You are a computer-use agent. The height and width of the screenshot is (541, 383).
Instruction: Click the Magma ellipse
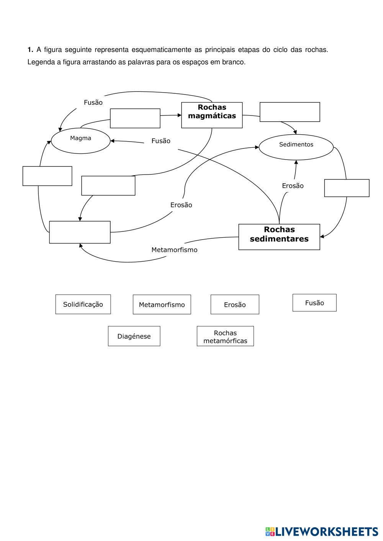pyautogui.click(x=80, y=140)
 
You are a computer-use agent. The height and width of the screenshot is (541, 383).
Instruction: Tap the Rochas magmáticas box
pyautogui.click(x=212, y=115)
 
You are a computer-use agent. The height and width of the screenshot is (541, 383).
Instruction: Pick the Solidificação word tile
pyautogui.click(x=83, y=304)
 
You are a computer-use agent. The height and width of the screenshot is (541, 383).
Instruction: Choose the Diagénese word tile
pyautogui.click(x=134, y=336)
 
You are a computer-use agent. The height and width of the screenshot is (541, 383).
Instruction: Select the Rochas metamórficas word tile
pyautogui.click(x=225, y=336)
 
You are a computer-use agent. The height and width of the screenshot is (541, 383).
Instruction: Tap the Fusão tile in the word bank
pyautogui.click(x=314, y=303)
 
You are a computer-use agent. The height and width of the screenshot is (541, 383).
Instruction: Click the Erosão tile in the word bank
pyautogui.click(x=235, y=305)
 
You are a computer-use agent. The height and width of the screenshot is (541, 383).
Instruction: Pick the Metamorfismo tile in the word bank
pyautogui.click(x=162, y=305)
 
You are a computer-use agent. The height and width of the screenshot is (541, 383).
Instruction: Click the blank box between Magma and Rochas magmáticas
pyautogui.click(x=135, y=118)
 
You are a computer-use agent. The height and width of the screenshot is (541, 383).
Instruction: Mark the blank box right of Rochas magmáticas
pyautogui.click(x=290, y=112)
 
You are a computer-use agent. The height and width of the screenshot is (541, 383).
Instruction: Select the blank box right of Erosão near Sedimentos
pyautogui.click(x=347, y=188)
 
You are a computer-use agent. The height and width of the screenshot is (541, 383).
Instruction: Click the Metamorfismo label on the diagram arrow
pyautogui.click(x=174, y=250)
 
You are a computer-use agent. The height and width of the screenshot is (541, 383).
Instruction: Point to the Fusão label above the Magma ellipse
pyautogui.click(x=93, y=102)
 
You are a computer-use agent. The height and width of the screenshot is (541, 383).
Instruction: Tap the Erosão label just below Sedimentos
pyautogui.click(x=293, y=186)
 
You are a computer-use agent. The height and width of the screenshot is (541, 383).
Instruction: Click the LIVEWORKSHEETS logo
pyautogui.click(x=321, y=531)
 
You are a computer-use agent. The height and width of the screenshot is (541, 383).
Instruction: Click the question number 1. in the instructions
pyautogui.click(x=30, y=50)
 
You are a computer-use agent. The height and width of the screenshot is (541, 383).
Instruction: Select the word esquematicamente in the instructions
pyautogui.click(x=161, y=50)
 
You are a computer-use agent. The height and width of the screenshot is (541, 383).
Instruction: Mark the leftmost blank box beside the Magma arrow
pyautogui.click(x=47, y=176)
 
